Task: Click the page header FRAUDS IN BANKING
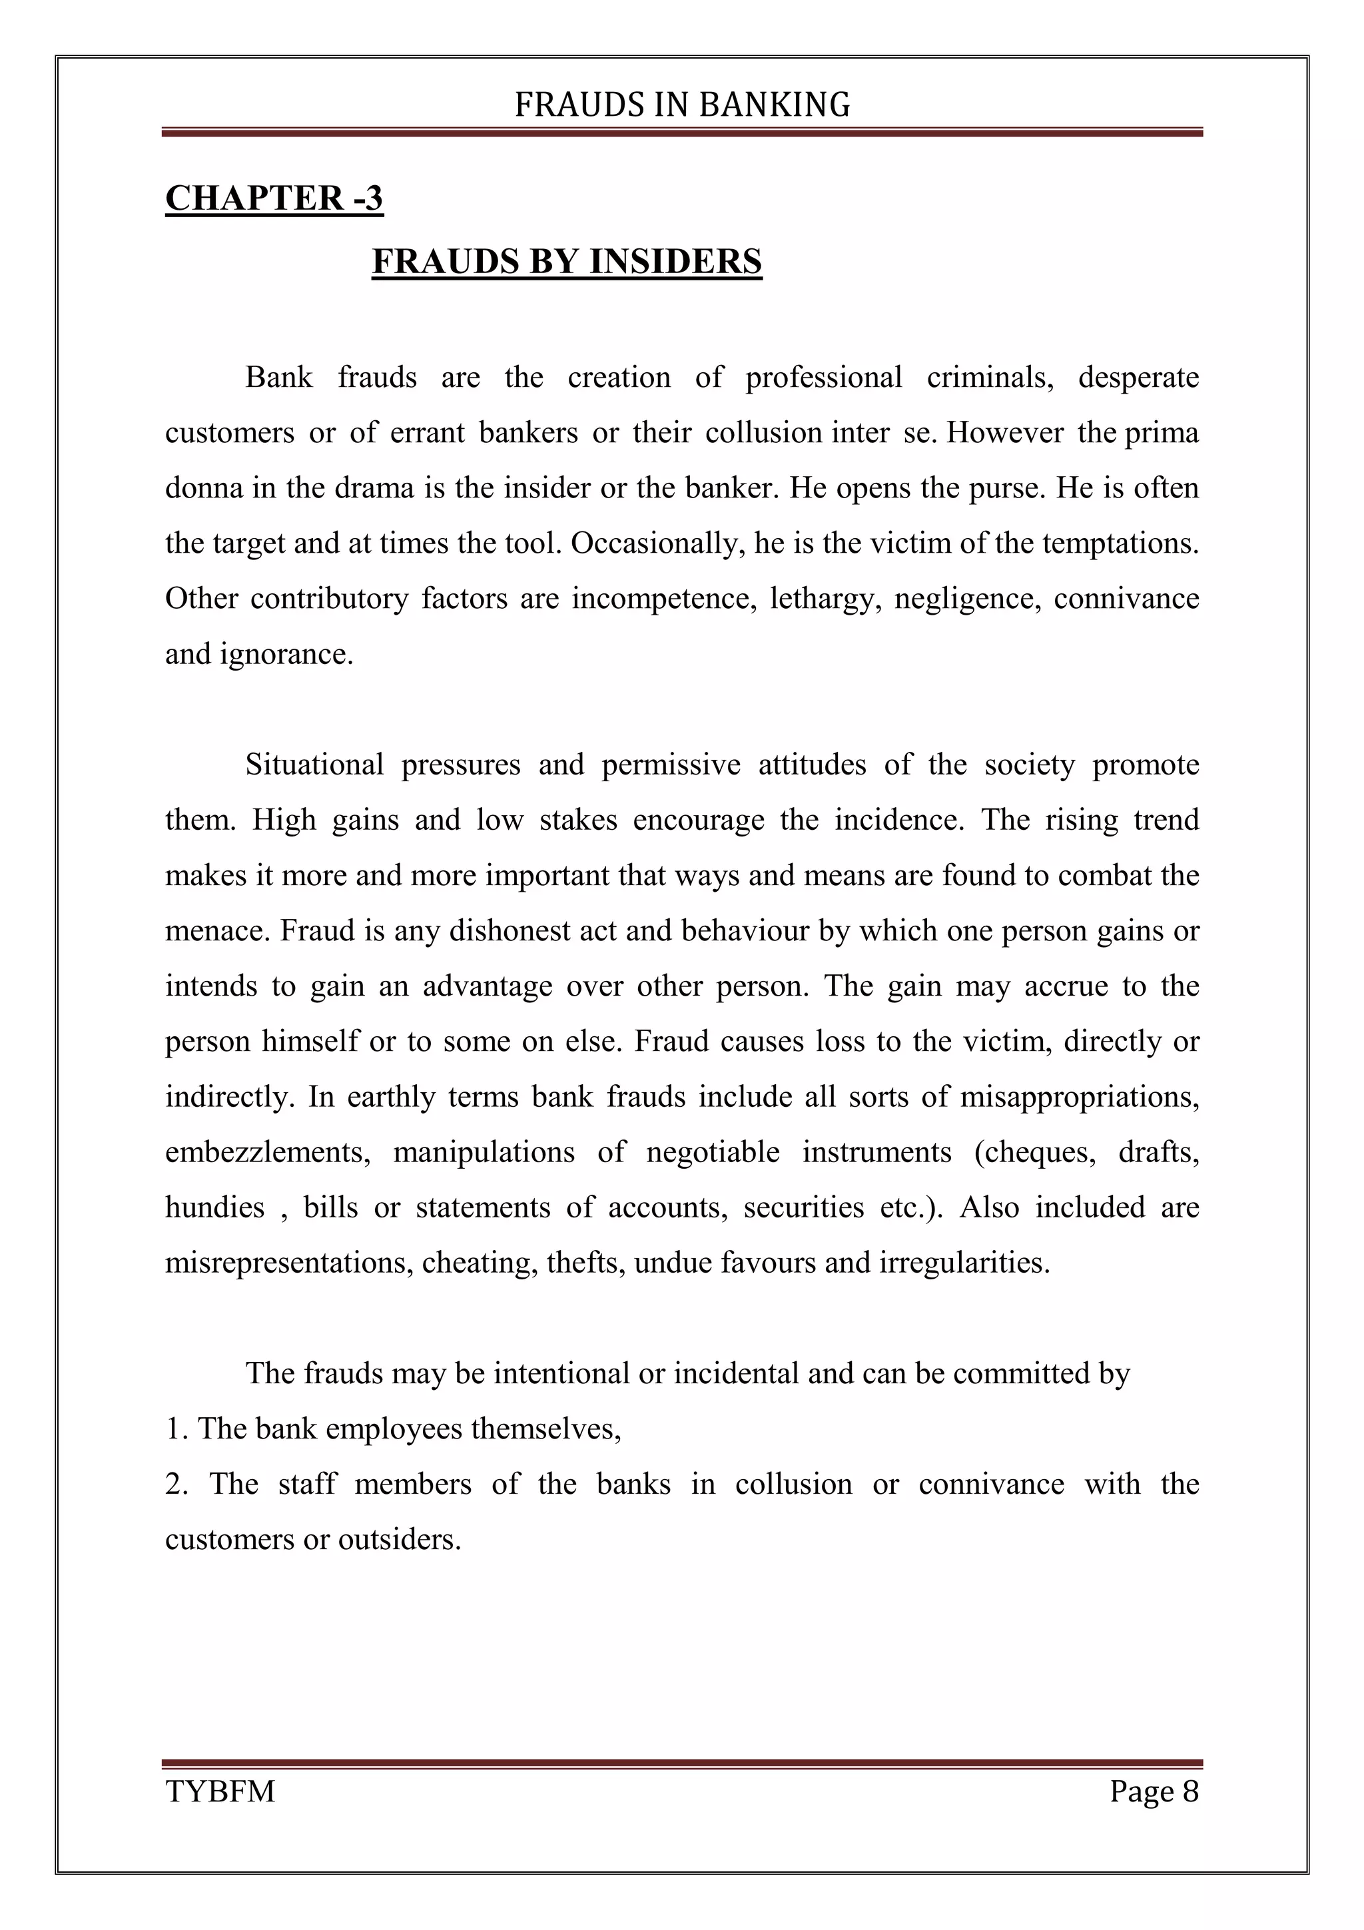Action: [x=681, y=105]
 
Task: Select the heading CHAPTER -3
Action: [x=274, y=198]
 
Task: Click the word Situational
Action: [x=314, y=764]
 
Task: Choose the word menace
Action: [x=218, y=930]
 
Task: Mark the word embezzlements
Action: [x=267, y=1151]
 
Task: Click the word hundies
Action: [x=214, y=1207]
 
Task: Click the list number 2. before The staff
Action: [x=176, y=1484]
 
